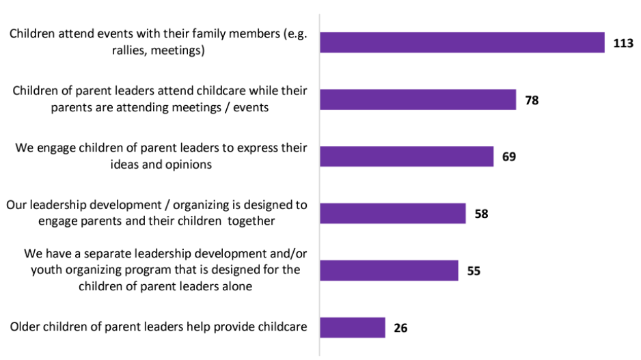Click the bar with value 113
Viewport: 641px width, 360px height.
(x=462, y=42)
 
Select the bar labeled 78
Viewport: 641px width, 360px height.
(x=418, y=100)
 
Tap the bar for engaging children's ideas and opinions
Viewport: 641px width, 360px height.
(x=407, y=156)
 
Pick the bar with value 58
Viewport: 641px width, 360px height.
(x=393, y=213)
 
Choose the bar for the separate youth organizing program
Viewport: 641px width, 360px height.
(x=389, y=271)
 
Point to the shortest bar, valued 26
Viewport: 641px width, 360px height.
(x=353, y=327)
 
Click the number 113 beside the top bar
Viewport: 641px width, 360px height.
(x=623, y=43)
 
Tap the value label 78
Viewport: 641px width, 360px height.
(x=532, y=100)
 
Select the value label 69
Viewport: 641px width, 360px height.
(x=508, y=157)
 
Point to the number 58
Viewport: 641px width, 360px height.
(x=482, y=214)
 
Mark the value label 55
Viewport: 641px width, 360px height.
(x=474, y=271)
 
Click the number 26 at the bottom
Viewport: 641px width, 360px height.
(x=401, y=328)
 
